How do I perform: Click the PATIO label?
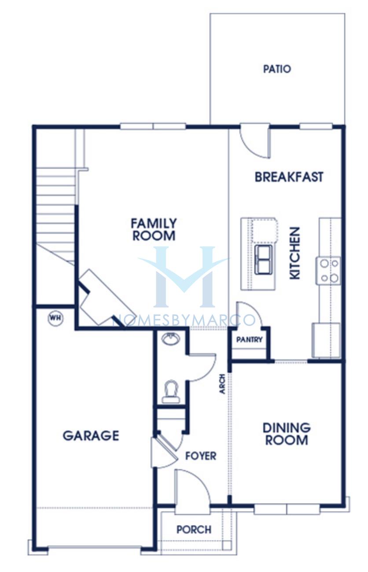(277, 69)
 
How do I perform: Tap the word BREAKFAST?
(289, 177)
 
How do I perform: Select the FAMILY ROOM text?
(154, 229)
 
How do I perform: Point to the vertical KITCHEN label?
(294, 253)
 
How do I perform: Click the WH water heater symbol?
(55, 318)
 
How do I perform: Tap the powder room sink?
(171, 338)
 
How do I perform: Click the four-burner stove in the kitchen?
(328, 271)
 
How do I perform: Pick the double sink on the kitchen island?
(263, 260)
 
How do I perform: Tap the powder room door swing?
(202, 368)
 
